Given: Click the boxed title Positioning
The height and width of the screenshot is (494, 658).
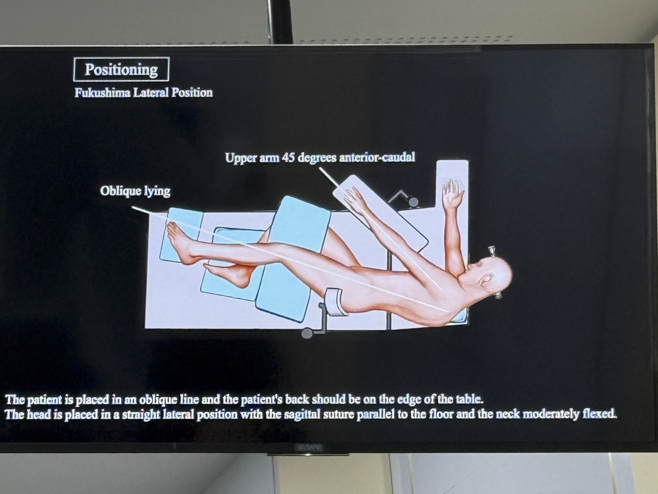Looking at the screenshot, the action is click(121, 69).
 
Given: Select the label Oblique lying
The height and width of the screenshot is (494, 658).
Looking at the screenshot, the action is click(135, 191).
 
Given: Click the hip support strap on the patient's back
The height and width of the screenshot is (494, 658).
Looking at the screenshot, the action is click(336, 301).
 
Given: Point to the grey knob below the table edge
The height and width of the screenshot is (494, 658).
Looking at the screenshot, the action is click(307, 333).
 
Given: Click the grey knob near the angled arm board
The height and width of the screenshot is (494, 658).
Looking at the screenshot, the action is click(413, 202).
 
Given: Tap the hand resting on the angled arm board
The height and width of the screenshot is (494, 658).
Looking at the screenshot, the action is click(355, 200).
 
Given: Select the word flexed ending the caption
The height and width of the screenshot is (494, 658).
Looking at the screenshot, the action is click(599, 414).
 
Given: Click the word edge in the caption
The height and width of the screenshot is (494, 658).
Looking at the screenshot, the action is click(422, 398).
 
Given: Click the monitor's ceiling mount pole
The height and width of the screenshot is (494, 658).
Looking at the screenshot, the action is click(280, 22).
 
